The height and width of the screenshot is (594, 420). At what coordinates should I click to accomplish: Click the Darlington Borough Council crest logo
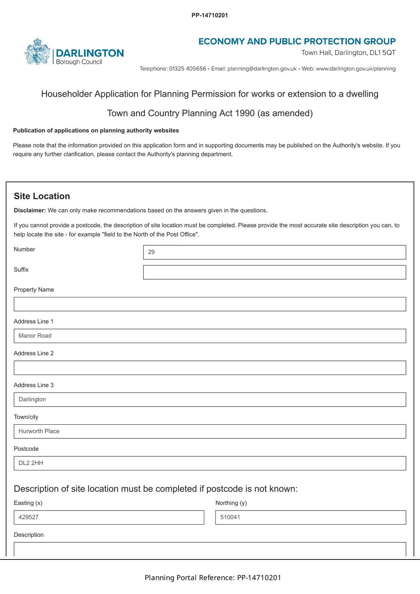tap(37, 52)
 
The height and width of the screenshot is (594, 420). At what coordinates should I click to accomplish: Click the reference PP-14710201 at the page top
tap(210, 15)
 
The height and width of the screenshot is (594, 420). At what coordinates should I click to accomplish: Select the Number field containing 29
tap(274, 252)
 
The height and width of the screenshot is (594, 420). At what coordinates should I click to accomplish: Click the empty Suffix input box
tap(274, 272)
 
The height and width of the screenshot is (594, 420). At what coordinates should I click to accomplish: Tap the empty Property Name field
tap(210, 304)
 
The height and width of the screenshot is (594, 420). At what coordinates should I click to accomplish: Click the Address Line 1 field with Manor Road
tap(210, 336)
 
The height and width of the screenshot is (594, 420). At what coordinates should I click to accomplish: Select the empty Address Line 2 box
tap(210, 368)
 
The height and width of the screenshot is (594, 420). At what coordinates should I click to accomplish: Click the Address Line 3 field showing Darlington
tap(210, 399)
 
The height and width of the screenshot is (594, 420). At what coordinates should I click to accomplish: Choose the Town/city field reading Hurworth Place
tap(210, 431)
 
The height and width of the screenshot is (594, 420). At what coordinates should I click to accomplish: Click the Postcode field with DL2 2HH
tap(210, 463)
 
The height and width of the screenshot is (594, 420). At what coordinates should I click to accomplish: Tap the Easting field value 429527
tap(109, 518)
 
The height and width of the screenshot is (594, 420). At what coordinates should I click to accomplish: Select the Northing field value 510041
tap(310, 518)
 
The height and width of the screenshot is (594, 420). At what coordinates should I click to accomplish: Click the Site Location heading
tap(42, 196)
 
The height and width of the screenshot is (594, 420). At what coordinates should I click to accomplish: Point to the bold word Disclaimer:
tap(30, 210)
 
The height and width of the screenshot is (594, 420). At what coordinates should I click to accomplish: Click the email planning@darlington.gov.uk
tap(262, 69)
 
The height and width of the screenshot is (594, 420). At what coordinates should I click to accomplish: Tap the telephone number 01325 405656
tap(188, 69)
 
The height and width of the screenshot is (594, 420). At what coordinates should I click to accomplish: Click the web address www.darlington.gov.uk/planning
tap(355, 69)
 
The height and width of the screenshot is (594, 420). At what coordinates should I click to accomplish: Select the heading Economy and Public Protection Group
tap(297, 41)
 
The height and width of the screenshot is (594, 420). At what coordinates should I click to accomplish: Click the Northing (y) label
tap(231, 503)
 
